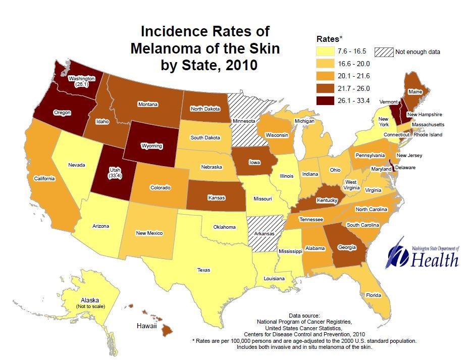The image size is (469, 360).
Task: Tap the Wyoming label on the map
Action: click(151, 146)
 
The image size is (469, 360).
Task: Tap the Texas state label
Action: click(203, 270)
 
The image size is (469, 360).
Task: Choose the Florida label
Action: click(374, 295)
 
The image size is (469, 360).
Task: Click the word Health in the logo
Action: click(434, 260)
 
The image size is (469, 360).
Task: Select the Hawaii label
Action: click(146, 327)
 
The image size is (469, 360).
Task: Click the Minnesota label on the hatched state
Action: click(243, 122)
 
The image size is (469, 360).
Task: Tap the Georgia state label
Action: click(346, 247)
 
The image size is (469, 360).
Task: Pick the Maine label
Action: click(415, 92)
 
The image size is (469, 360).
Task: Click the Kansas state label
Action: click(216, 198)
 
